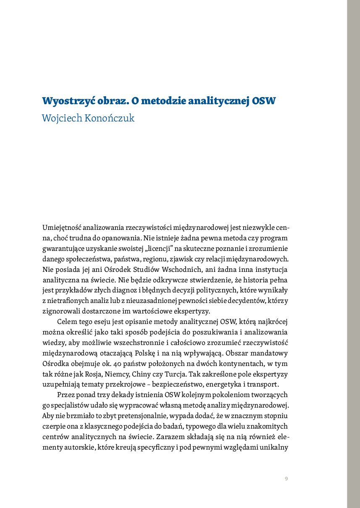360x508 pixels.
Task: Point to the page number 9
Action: (x=286, y=479)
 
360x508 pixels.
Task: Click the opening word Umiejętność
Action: (x=62, y=228)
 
